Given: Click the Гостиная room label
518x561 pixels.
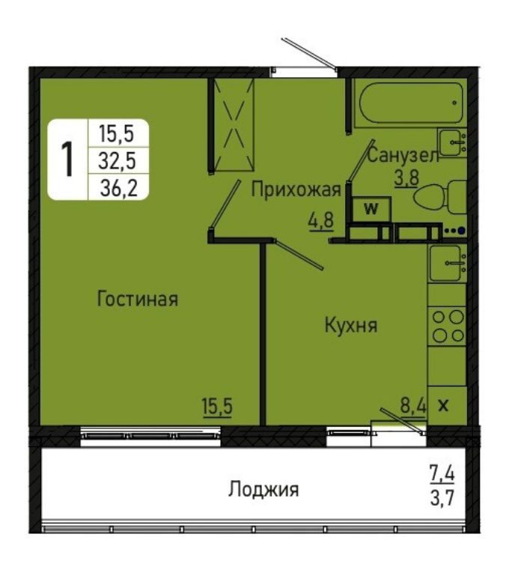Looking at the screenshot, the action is coord(138,299).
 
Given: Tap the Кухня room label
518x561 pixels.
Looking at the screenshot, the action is coord(350,326).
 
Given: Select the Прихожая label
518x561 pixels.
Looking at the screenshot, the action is coord(296,189).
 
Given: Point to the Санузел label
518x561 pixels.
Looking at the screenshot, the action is coord(403,156).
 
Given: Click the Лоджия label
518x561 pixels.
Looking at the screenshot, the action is coord(263,489).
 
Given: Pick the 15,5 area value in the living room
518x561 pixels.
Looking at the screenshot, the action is coord(217,407).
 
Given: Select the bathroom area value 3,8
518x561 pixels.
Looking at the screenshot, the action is coord(406,177).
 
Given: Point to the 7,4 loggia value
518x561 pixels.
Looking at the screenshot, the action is coord(442,473).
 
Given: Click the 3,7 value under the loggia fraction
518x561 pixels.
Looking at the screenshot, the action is coord(442,497).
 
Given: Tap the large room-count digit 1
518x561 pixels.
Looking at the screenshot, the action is coord(67,160).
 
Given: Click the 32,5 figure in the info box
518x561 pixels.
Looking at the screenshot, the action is coord(118,160).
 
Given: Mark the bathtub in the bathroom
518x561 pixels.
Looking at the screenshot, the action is coord(411,103).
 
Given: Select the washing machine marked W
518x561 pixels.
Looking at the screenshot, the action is coord(371,209).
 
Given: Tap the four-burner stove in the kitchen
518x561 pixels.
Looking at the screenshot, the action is coord(448,326).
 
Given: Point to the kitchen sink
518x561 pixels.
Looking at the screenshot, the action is coord(448,264).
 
